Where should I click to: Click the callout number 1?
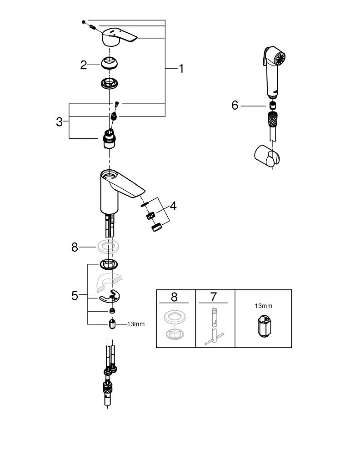(x=180, y=69)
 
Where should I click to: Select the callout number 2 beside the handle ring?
(x=83, y=65)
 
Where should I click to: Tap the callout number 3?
(x=60, y=121)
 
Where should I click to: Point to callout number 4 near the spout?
(x=173, y=206)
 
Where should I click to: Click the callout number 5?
(x=75, y=295)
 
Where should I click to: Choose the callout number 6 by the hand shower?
(x=235, y=106)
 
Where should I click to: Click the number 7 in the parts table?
(x=214, y=297)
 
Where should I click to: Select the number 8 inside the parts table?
(x=174, y=297)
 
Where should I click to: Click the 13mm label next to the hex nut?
(x=135, y=324)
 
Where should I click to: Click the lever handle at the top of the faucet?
(x=119, y=36)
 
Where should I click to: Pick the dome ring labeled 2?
(x=110, y=62)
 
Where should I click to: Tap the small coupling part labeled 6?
(x=273, y=106)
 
